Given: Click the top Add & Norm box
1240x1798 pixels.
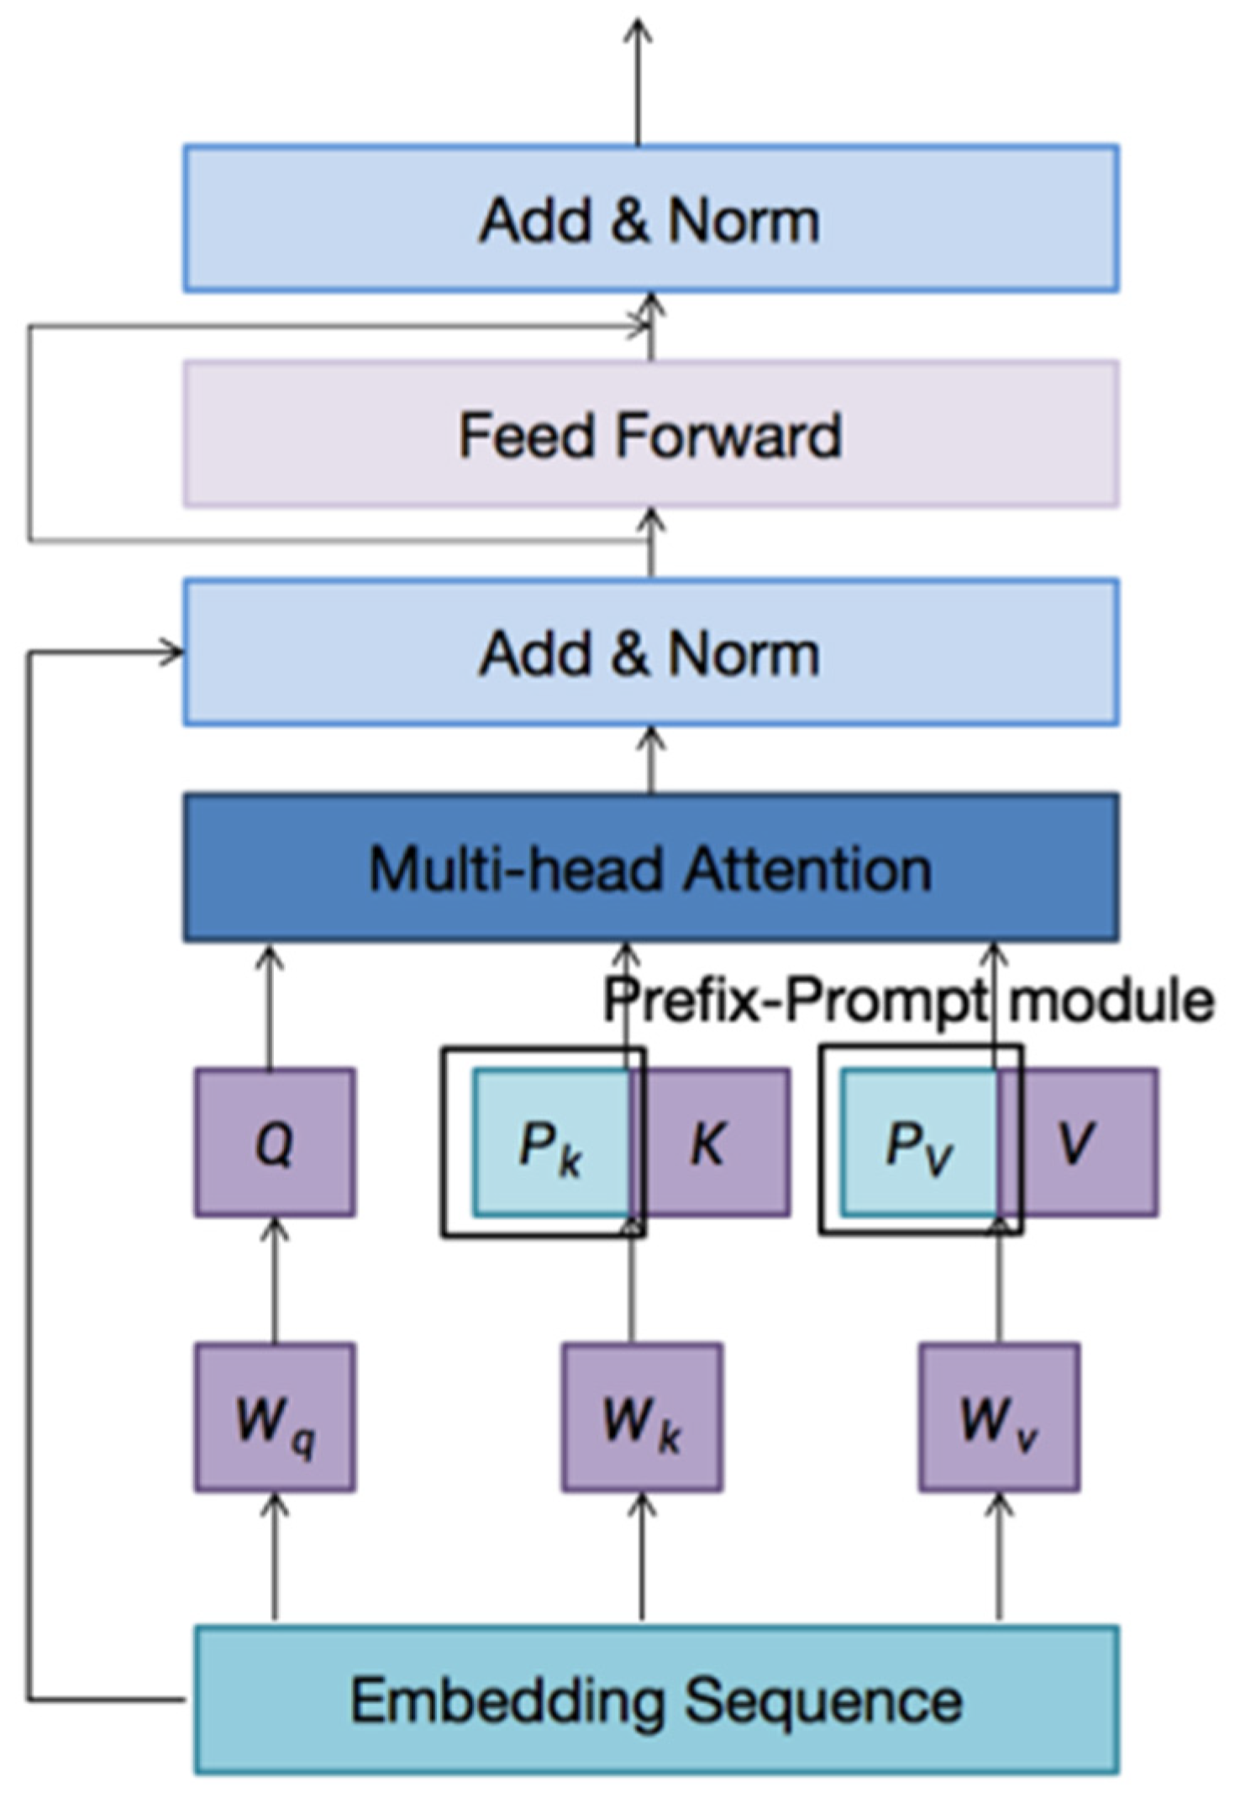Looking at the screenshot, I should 650,218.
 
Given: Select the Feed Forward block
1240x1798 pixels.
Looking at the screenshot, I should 650,434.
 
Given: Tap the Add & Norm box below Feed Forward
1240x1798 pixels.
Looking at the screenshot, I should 650,652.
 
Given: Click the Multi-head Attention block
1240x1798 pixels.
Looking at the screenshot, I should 650,868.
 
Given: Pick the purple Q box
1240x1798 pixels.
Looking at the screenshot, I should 275,1142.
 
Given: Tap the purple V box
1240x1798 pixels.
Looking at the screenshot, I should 1079,1142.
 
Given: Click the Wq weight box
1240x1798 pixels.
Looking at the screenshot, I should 275,1418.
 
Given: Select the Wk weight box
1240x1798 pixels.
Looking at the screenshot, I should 642,1418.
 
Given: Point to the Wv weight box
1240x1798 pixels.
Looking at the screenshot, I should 999,1418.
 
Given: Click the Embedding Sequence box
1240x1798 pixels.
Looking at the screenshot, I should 655,1701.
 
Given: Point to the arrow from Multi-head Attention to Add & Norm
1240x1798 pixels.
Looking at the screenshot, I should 651,760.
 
